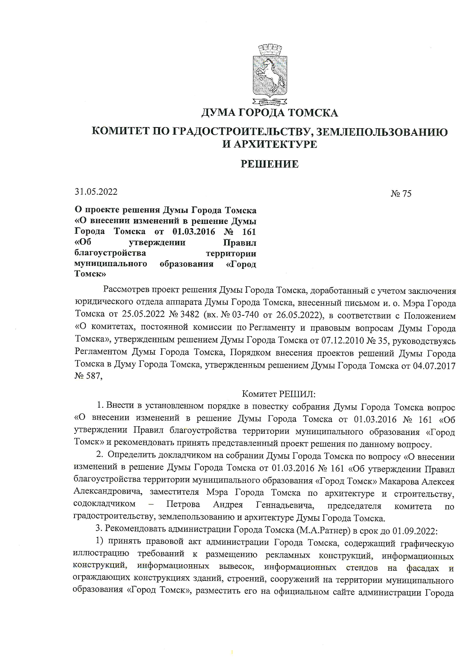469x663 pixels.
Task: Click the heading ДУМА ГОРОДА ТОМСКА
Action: click(270, 113)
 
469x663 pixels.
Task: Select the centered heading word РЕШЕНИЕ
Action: click(270, 164)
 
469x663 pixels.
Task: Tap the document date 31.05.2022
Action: click(96, 192)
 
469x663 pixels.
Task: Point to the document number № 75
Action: click(401, 194)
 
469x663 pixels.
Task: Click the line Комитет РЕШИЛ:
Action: click(278, 394)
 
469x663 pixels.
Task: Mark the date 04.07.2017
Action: click(435, 366)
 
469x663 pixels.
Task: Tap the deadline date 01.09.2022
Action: click(415, 531)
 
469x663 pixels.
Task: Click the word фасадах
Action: click(422, 568)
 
